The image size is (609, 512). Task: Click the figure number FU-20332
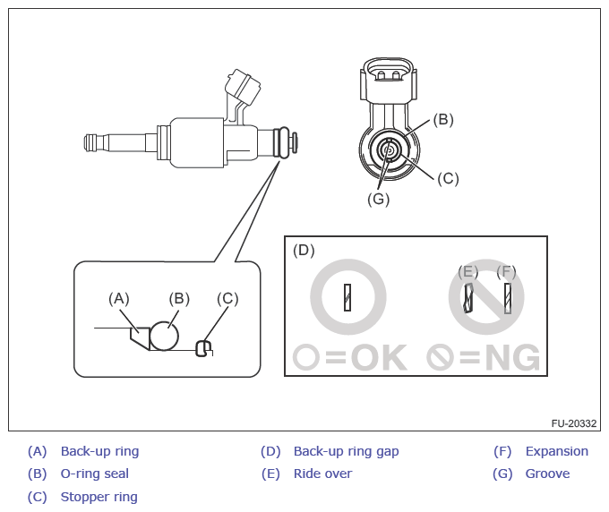click(574, 422)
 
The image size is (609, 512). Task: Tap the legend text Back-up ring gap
click(346, 451)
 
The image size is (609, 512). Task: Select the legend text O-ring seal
click(94, 474)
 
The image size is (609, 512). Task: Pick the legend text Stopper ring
click(99, 497)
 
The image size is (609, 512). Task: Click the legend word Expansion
click(556, 451)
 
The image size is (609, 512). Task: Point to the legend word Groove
click(547, 474)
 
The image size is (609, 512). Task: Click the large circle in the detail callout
click(165, 336)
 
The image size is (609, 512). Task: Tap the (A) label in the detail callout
click(119, 298)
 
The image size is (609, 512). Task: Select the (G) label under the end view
click(378, 200)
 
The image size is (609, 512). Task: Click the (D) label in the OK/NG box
click(304, 250)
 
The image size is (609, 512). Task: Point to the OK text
click(378, 358)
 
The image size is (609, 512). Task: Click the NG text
click(511, 358)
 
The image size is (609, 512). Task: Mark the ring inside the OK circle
click(347, 296)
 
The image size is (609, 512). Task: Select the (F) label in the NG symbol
click(507, 270)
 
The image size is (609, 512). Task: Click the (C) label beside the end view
click(448, 177)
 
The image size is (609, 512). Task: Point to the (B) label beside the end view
click(443, 119)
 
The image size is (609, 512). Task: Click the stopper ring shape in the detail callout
click(205, 346)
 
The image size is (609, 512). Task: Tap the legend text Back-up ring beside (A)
click(99, 451)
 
